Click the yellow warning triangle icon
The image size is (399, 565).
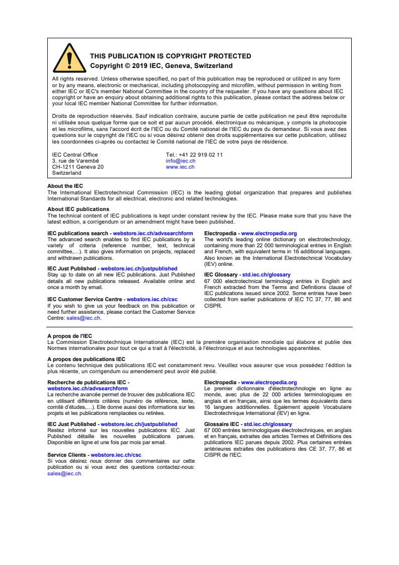69,59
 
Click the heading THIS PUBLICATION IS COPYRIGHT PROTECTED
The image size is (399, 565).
170,56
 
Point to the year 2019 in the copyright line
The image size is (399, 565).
136,66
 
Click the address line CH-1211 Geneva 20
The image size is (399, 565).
78,167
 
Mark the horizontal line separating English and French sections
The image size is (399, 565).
199,327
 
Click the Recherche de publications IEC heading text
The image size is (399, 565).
87,383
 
